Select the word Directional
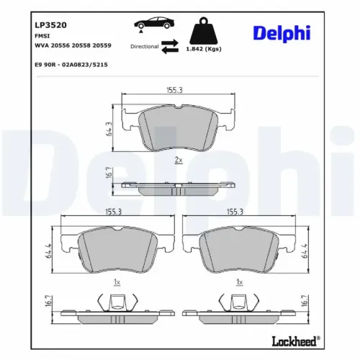coord(145,46)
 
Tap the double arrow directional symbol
coord(169,46)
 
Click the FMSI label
coord(41,35)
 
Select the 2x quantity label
coord(179,160)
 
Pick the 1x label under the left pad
coord(116,283)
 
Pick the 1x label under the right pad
coord(239,283)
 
